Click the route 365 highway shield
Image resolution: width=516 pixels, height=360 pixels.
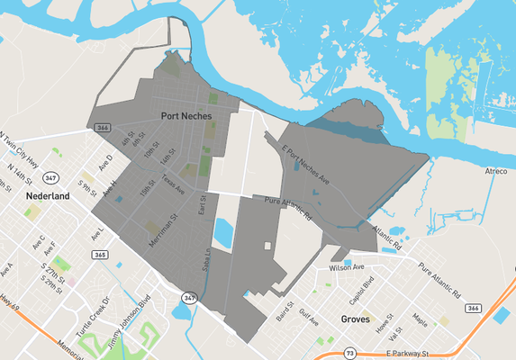point(99,255)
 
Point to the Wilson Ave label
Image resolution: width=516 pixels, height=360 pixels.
point(347,267)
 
